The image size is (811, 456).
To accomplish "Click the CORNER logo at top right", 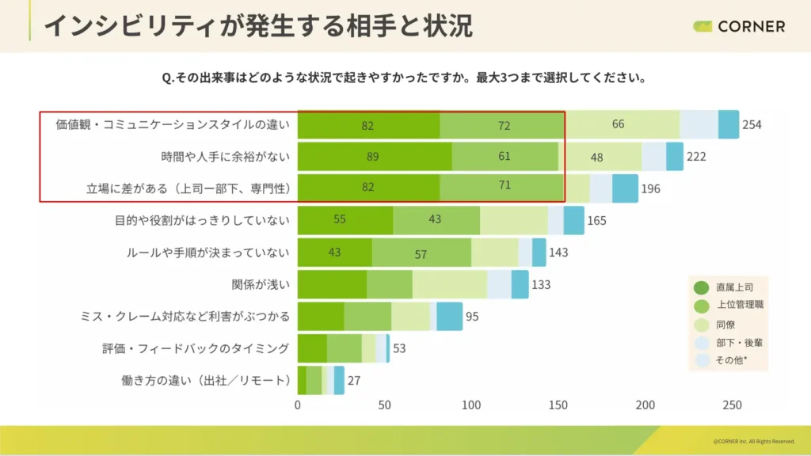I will (739, 26).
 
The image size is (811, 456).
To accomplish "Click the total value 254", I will (752, 125).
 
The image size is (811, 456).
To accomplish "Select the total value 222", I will (696, 157).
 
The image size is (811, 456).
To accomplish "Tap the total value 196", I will (650, 188).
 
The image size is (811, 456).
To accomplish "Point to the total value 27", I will (354, 380).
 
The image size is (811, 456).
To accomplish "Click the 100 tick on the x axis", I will (471, 405).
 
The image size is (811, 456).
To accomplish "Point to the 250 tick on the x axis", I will (732, 405).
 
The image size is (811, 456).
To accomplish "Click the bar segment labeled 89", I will (374, 157).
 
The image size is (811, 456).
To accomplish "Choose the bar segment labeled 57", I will (421, 253).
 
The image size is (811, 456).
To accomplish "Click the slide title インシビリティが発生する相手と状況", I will (257, 25).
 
